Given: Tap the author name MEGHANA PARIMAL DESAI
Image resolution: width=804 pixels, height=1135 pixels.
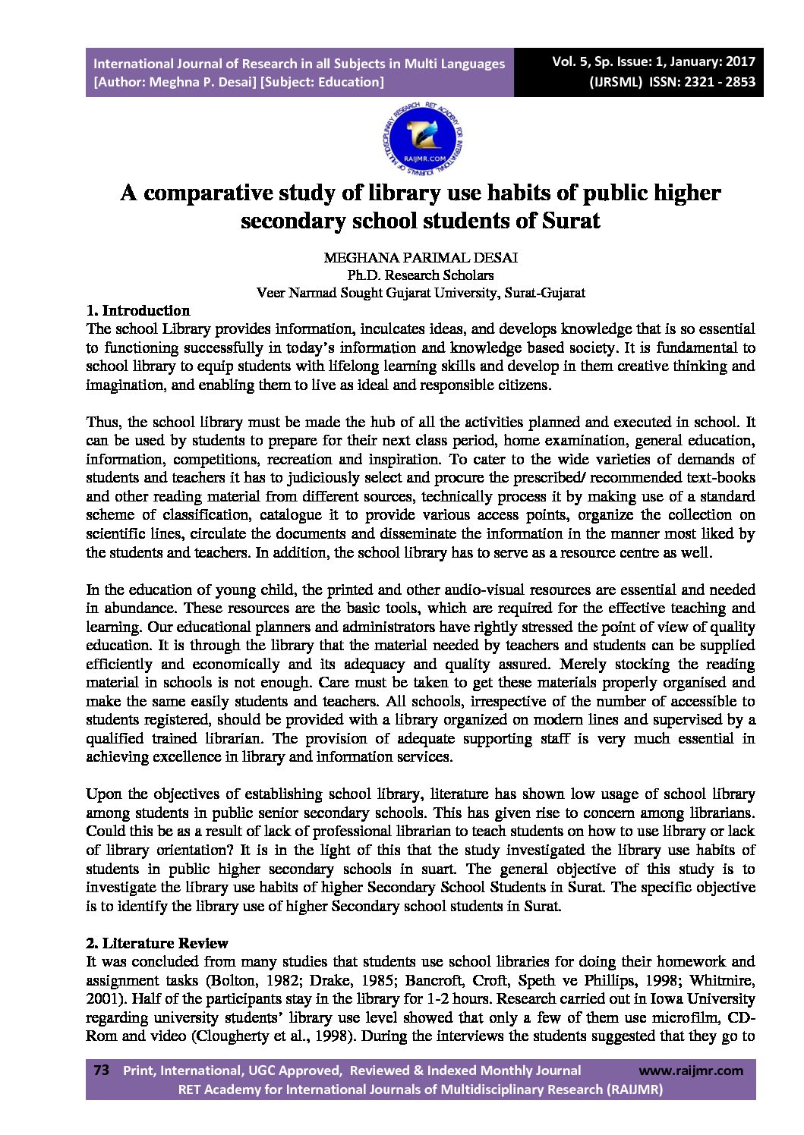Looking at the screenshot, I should tap(421, 258).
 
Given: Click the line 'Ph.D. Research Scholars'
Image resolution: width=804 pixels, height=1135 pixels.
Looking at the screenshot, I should tap(421, 275).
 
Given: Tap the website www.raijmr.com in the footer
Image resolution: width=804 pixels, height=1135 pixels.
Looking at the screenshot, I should tap(691, 1071).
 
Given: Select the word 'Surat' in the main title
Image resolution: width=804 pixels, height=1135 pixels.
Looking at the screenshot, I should tap(570, 221).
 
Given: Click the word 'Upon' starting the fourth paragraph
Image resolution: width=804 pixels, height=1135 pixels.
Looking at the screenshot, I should tap(102, 794).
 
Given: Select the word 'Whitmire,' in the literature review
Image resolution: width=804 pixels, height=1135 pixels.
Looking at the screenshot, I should tap(724, 980).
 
